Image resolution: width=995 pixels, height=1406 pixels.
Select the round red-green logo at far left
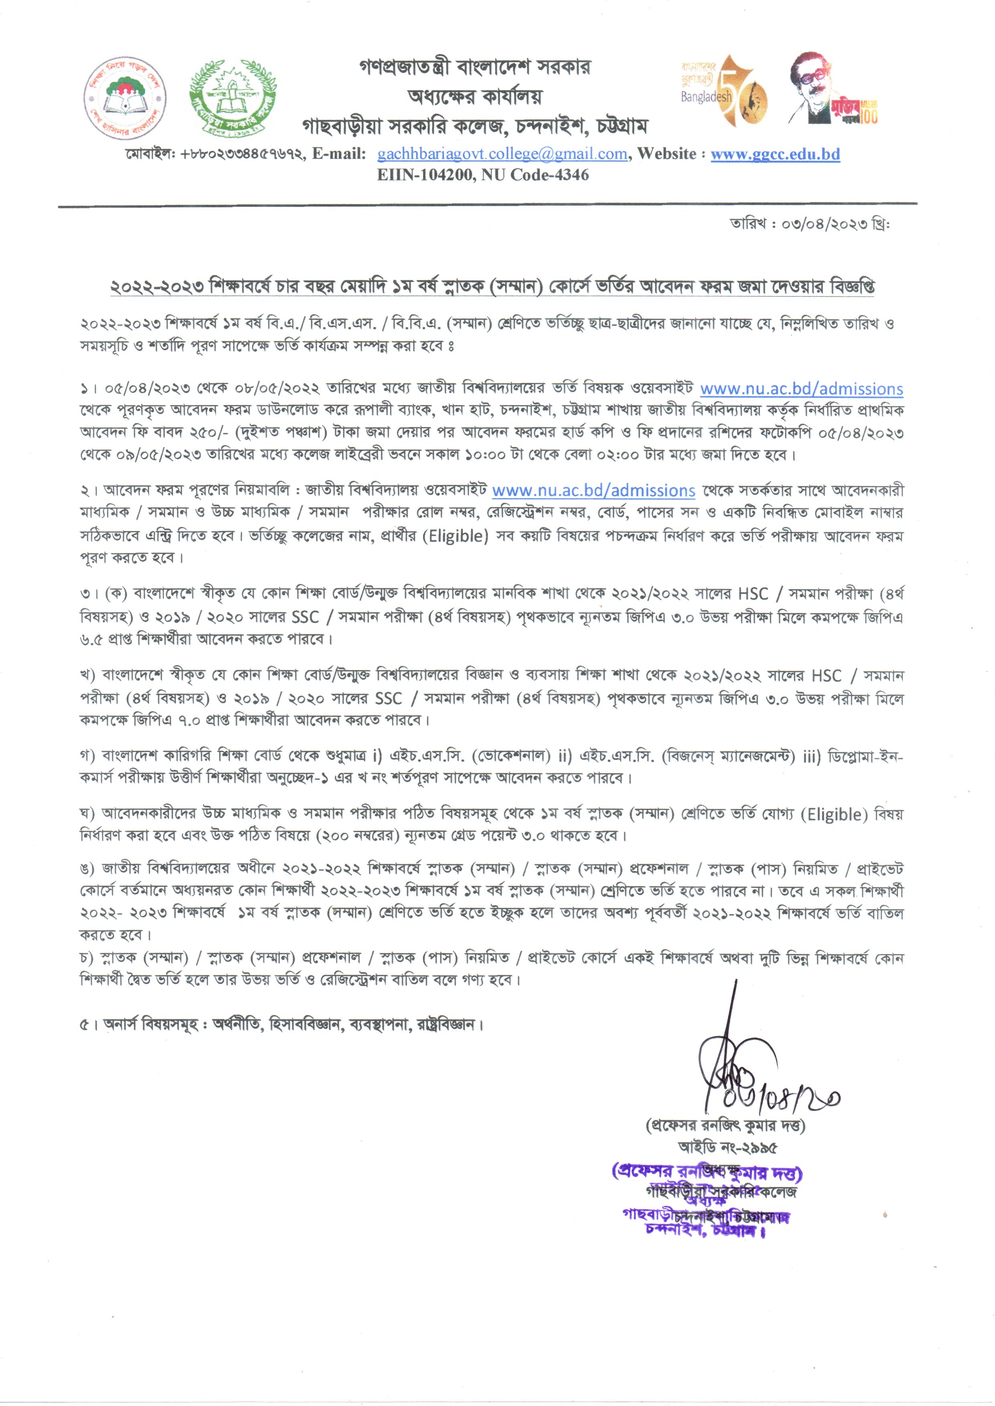tap(127, 96)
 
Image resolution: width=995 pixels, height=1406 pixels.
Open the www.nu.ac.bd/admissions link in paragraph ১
tap(801, 389)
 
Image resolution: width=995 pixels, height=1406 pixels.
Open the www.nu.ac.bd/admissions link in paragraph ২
tap(593, 491)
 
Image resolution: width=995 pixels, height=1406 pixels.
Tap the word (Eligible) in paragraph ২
tap(458, 536)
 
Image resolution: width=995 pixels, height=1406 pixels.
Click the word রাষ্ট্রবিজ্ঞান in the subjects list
tap(448, 1024)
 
